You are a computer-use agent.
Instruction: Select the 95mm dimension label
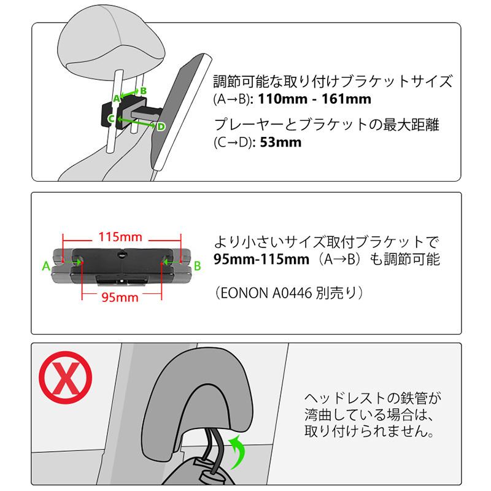click(120, 298)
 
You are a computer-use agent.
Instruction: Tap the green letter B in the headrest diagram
click(143, 90)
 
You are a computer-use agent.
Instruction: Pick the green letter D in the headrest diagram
click(160, 126)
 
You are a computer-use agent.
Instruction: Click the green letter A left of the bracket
click(45, 266)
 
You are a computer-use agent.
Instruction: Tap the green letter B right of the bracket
click(198, 266)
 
